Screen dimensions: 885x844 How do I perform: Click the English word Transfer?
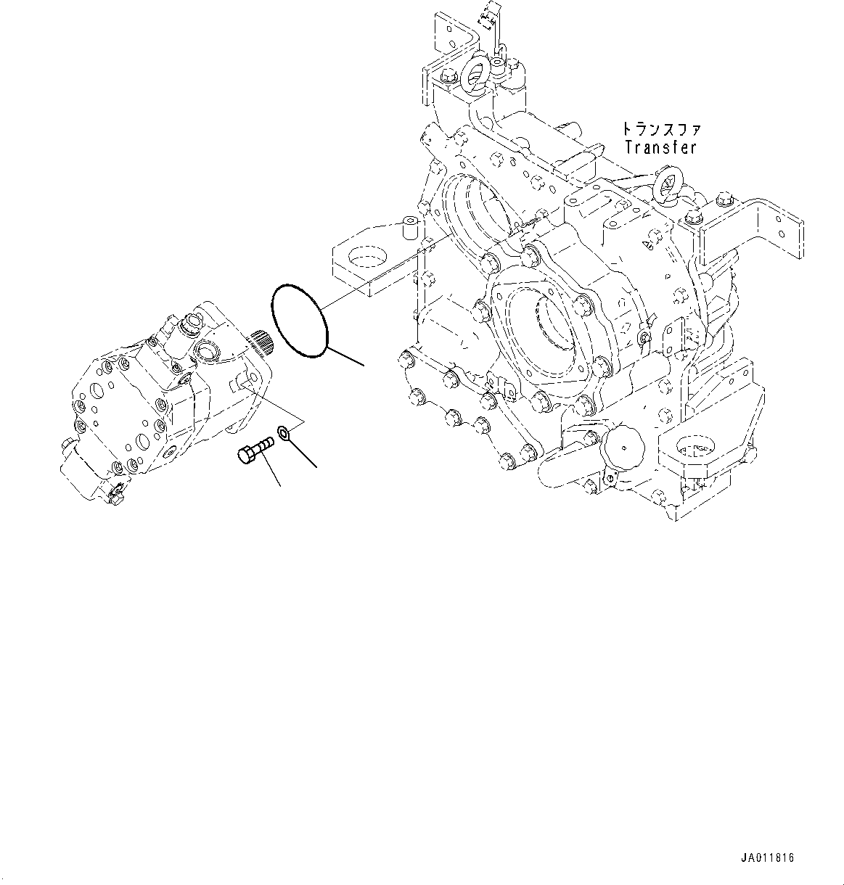660,147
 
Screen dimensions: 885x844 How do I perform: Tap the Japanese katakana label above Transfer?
660,130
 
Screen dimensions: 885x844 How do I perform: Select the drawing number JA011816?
768,858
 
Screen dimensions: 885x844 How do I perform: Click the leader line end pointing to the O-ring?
363,363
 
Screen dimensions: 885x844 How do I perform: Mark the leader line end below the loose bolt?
279,485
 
